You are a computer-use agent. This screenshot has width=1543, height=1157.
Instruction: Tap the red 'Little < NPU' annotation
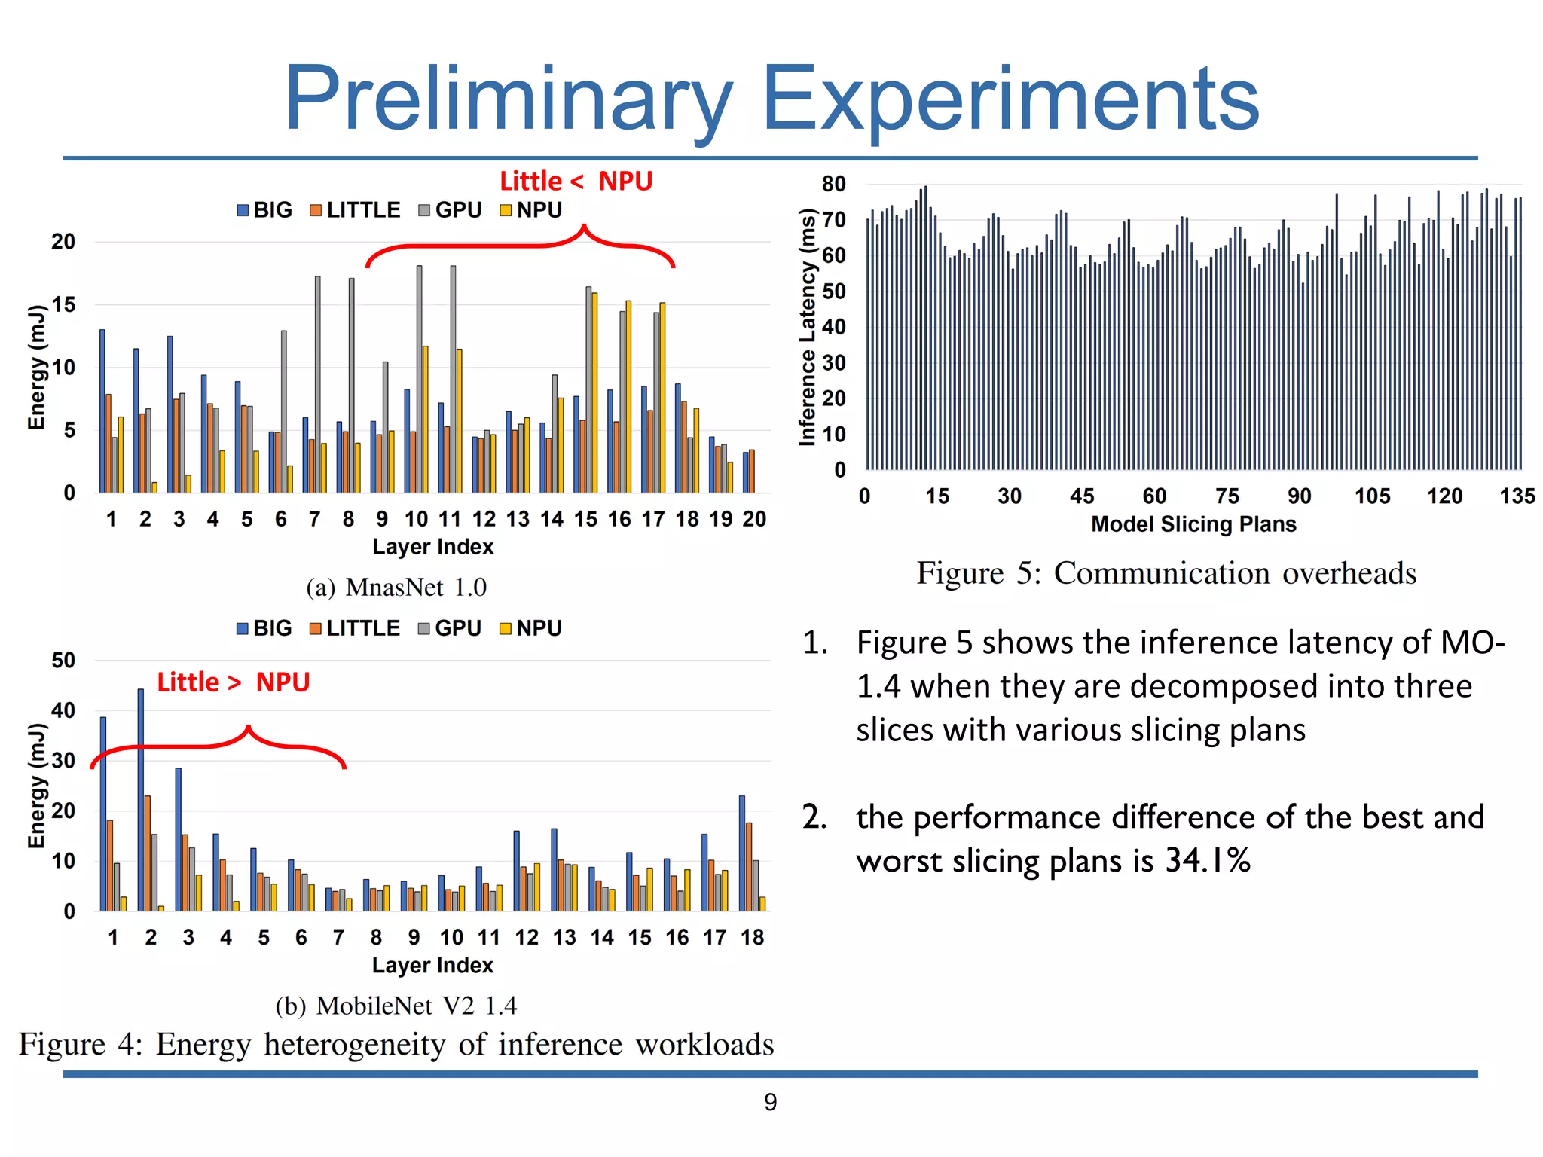tap(576, 182)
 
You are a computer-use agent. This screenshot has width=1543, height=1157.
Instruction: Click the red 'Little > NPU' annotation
tap(234, 682)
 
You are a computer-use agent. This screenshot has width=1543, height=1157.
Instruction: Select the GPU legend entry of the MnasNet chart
tap(451, 210)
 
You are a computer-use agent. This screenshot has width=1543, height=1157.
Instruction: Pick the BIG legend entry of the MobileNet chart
tap(264, 628)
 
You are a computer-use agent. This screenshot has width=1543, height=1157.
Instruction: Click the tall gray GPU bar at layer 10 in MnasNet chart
tap(420, 377)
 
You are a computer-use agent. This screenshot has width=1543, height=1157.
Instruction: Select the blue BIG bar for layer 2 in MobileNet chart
tap(141, 798)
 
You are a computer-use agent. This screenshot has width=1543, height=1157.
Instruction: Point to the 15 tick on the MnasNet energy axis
tap(63, 305)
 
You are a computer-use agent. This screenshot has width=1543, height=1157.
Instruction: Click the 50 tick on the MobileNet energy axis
tap(63, 661)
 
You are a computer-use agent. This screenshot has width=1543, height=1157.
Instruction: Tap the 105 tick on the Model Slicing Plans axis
tap(1372, 496)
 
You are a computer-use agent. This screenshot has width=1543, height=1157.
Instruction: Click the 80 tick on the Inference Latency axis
tap(834, 184)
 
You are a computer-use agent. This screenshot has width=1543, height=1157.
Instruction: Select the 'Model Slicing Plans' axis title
tap(1193, 524)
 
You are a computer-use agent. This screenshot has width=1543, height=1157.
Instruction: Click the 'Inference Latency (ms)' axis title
tap(808, 328)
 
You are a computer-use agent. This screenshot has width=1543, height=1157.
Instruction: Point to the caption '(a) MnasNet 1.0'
tap(396, 588)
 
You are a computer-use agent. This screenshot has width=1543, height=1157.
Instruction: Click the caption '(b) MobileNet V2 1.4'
tap(396, 1006)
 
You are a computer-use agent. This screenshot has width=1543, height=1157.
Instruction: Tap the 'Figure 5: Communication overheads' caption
tap(1166, 574)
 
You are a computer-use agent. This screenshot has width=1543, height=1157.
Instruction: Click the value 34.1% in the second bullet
tap(1208, 861)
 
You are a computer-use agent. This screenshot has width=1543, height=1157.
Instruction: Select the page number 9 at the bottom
tap(770, 1103)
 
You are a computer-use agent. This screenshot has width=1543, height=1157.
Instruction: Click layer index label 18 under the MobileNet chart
tap(752, 938)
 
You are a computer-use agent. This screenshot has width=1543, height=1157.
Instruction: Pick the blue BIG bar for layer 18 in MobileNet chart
tap(742, 853)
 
